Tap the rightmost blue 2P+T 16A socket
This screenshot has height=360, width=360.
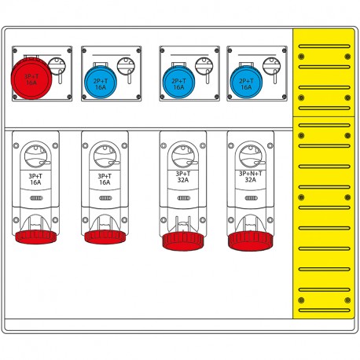pyautogui.click(x=245, y=80)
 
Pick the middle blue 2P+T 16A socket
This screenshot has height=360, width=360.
pyautogui.click(x=178, y=80)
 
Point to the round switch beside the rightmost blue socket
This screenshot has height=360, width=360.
pyautogui.click(x=274, y=68)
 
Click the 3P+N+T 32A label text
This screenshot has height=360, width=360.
pyautogui.click(x=249, y=176)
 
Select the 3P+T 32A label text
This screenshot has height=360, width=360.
pyautogui.click(x=182, y=176)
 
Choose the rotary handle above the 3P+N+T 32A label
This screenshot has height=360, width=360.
pyautogui.click(x=249, y=152)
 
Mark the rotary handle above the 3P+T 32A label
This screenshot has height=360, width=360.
pyautogui.click(x=182, y=152)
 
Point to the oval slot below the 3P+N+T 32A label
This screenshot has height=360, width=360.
pyautogui.click(x=249, y=201)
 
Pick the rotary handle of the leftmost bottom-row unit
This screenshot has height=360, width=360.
pyautogui.click(x=35, y=152)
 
